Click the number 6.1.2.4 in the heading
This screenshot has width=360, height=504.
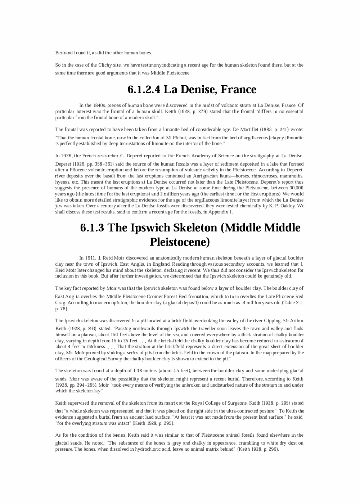coord(143,89)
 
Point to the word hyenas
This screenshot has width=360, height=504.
coord(62,182)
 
